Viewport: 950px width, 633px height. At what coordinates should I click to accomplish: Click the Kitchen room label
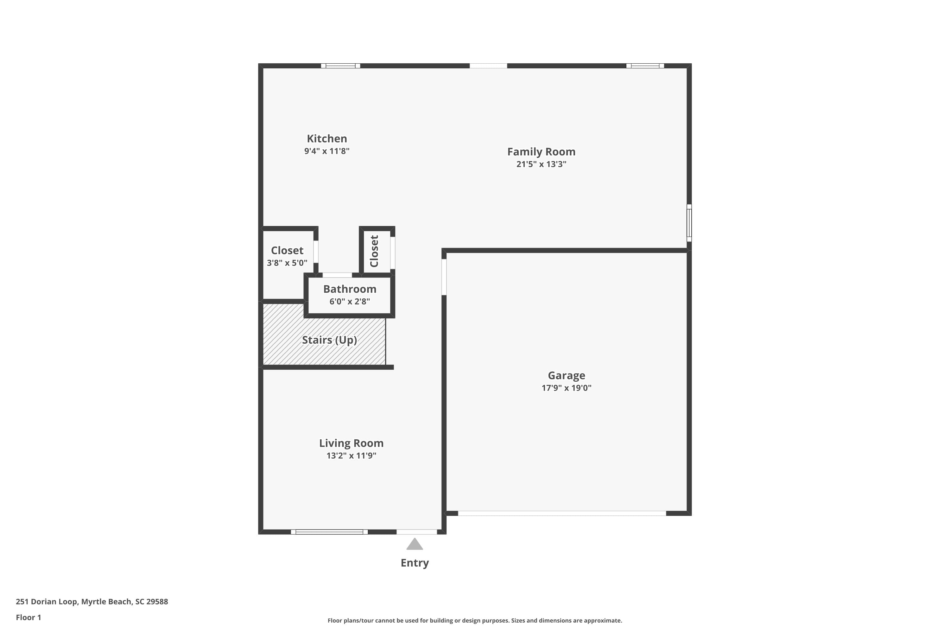(327, 139)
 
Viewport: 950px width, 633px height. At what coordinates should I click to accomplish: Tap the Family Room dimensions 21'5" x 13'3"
(541, 164)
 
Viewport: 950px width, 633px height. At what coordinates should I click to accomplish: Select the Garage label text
(566, 375)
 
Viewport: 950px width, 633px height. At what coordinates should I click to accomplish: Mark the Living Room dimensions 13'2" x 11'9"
(351, 456)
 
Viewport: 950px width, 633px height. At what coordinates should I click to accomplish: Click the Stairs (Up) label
(329, 340)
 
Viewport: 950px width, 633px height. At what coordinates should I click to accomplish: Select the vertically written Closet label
(374, 251)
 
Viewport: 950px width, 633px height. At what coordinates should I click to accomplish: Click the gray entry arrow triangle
(415, 545)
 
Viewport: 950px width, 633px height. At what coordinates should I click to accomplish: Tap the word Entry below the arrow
(415, 563)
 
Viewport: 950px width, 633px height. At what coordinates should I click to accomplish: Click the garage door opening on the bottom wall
(561, 513)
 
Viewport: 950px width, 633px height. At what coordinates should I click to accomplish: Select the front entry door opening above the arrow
(416, 532)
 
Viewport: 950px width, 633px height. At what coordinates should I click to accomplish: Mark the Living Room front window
(329, 532)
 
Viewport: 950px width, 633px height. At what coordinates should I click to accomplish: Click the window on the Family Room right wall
(689, 223)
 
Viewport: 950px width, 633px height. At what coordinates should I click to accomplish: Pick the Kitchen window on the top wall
(340, 66)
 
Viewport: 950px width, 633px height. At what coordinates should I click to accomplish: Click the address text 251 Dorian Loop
(92, 602)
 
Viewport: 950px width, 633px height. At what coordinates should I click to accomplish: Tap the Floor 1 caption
(28, 617)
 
